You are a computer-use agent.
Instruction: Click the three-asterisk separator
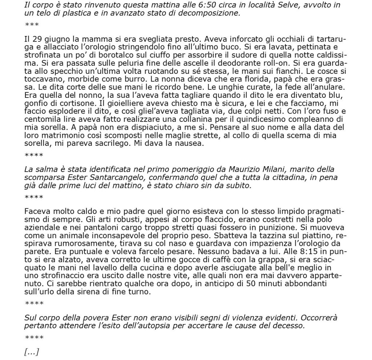click(32, 25)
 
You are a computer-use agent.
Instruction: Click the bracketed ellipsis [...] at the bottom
click(32, 352)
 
